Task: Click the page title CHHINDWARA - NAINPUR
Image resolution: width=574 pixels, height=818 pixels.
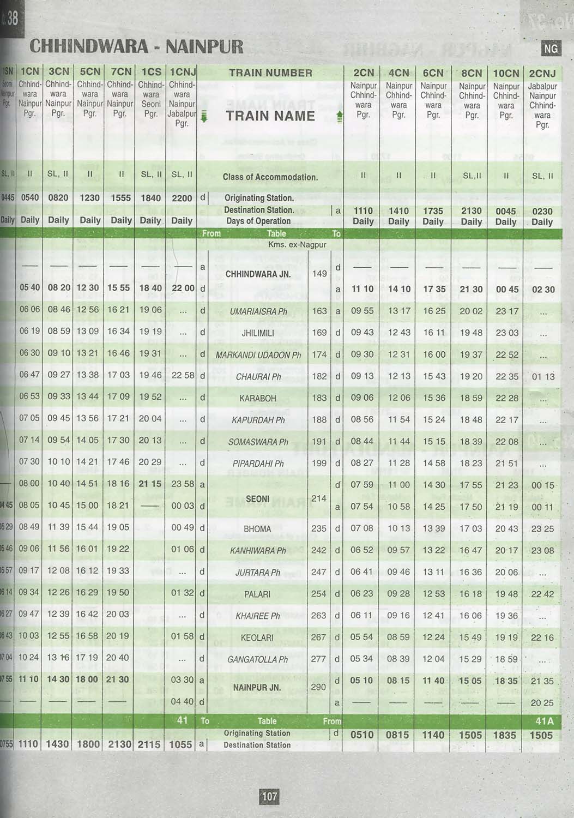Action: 136,46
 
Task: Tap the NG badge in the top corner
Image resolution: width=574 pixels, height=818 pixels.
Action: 551,49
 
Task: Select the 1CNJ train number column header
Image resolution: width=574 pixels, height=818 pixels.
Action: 183,72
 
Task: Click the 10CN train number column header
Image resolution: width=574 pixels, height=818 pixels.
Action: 506,73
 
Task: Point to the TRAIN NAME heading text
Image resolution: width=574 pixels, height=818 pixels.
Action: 270,116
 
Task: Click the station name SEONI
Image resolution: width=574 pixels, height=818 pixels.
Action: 258,499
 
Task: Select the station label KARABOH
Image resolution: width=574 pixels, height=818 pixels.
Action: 258,399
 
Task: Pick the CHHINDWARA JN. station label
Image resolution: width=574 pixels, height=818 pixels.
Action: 258,274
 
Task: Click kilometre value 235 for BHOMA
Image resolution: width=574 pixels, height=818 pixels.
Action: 319,528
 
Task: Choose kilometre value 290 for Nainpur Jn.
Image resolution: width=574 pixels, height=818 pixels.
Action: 319,687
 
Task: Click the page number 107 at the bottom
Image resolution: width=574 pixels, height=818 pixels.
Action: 270,797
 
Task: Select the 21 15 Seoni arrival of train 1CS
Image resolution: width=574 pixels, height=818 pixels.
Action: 150,484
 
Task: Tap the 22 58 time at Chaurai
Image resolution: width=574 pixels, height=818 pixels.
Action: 183,376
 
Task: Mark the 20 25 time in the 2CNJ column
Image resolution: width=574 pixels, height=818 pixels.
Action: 542,703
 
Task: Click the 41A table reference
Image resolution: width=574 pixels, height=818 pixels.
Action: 545,721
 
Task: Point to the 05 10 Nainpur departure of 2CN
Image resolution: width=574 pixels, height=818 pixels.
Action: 362,681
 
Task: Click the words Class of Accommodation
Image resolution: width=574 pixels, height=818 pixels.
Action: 270,177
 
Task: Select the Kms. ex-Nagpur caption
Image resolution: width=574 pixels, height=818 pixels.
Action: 297,245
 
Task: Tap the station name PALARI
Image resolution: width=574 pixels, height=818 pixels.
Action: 257,594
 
